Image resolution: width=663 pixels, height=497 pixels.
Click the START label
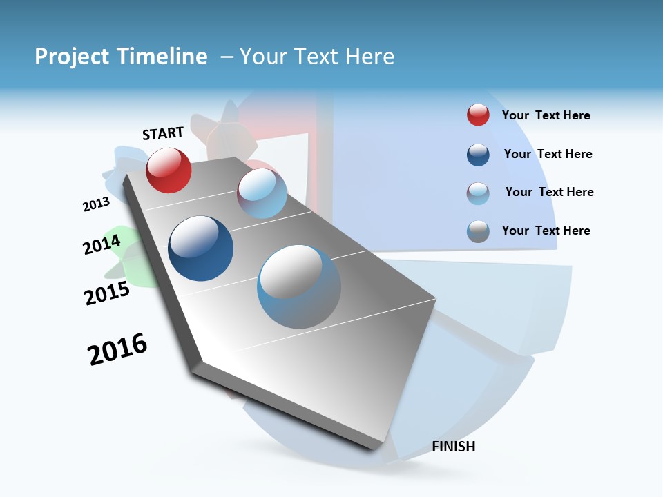coord(163,133)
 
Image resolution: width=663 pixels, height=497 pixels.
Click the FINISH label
coord(454,447)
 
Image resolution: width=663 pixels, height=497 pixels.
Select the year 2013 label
coord(96,204)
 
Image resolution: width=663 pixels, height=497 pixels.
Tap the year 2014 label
coord(102,244)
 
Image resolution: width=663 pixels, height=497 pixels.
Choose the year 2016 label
coord(117,349)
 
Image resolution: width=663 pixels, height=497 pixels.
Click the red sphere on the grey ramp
coord(169,170)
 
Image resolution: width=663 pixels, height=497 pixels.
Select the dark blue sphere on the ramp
coord(200,248)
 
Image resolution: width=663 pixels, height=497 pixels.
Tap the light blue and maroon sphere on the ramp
coord(262,193)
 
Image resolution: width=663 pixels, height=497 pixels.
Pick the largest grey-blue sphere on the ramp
coord(299,286)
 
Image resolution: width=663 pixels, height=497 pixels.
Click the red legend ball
coord(478,115)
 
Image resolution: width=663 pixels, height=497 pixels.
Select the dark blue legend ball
coord(478,155)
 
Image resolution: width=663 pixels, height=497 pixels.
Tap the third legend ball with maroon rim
coord(478,193)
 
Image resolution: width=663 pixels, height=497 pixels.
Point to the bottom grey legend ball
coord(478,231)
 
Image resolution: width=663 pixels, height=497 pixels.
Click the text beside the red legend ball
coord(546,115)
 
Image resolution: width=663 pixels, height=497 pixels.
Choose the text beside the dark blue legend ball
coord(548,154)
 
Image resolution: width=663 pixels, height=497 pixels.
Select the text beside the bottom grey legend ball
coord(546,231)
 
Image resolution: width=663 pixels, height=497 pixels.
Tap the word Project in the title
coord(73,57)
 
